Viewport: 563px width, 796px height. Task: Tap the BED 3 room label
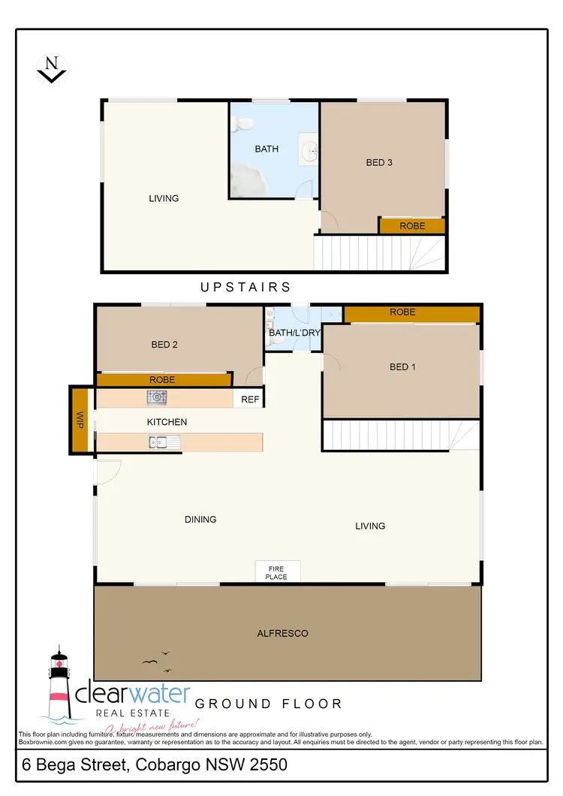379,162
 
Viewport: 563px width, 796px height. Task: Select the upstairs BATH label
266,149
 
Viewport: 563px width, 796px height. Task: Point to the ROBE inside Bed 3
412,225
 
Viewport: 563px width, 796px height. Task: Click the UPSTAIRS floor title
245,287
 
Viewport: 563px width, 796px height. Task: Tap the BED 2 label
164,345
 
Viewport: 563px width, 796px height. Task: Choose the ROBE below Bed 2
162,380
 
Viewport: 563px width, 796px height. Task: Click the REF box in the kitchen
250,400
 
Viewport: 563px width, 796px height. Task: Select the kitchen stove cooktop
157,397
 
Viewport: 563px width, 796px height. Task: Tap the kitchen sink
163,443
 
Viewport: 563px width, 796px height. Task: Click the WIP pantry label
80,420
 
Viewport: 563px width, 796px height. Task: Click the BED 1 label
402,366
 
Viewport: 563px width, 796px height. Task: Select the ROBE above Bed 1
402,312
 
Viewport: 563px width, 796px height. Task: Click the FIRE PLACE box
277,572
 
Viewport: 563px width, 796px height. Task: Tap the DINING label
200,519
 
